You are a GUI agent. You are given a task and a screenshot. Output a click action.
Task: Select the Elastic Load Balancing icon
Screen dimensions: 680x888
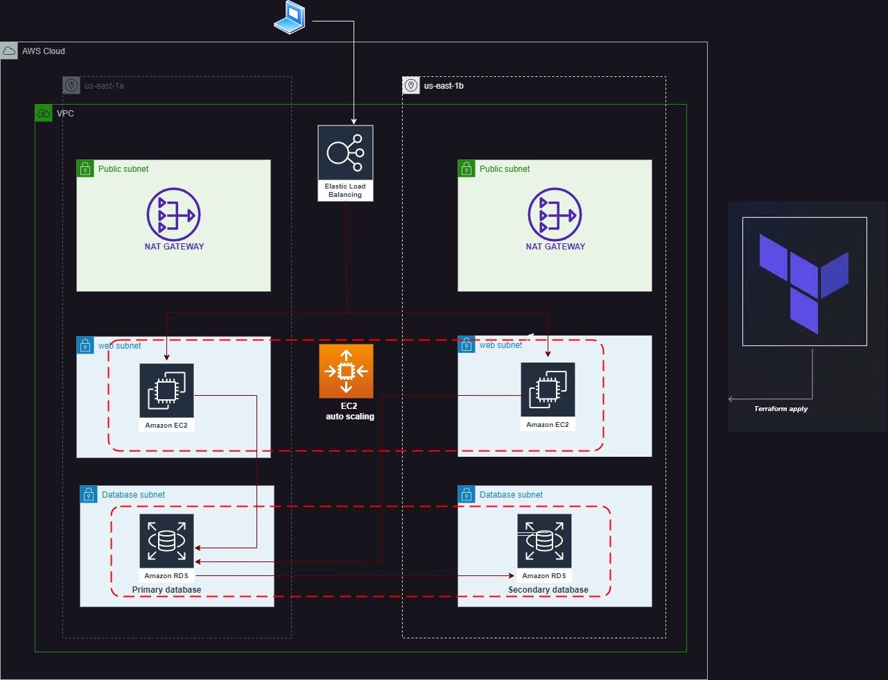[x=345, y=153]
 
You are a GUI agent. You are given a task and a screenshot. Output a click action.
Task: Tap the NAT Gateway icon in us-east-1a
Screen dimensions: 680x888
[x=173, y=214]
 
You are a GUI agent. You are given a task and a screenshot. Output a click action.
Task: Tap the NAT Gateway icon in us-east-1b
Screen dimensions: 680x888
[x=555, y=214]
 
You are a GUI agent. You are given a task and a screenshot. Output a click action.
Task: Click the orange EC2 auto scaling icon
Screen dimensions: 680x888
[x=346, y=371]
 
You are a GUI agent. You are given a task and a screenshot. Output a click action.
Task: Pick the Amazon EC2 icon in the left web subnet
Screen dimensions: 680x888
[x=166, y=390]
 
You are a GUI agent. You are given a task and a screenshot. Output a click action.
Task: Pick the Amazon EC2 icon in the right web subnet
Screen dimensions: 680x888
[x=548, y=390]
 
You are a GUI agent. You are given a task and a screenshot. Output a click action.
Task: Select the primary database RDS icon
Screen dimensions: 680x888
[x=166, y=541]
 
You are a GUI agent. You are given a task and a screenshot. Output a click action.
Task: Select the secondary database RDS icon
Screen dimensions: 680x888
[x=544, y=541]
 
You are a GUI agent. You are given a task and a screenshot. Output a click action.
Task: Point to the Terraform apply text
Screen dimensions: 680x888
[x=781, y=409]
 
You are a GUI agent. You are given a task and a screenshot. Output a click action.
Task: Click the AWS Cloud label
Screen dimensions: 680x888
[x=43, y=51]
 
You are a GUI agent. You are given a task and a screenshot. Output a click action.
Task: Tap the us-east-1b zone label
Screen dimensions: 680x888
[x=444, y=86]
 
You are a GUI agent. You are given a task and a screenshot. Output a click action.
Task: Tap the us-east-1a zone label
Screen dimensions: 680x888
[x=104, y=86]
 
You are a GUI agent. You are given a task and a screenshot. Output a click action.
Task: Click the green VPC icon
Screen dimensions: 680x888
[x=44, y=113]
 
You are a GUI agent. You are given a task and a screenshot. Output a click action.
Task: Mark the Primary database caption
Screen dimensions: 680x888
[x=166, y=590]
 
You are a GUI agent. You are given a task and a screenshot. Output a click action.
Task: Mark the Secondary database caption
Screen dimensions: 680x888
[x=548, y=590]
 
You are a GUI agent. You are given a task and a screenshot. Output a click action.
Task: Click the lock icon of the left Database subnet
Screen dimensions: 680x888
[x=89, y=494]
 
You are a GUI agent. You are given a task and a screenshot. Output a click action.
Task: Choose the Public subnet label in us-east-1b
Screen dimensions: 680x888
[x=504, y=169]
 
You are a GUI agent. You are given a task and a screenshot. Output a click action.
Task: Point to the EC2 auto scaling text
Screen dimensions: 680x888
[x=349, y=411]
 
